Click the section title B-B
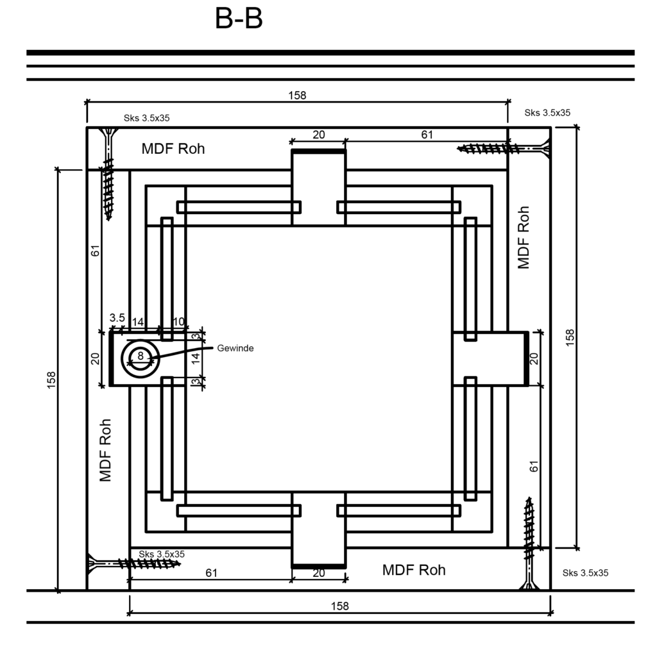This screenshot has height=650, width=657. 239,19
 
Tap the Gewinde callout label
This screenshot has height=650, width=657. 235,348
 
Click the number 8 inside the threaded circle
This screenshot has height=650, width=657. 141,355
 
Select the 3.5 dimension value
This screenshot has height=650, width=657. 117,318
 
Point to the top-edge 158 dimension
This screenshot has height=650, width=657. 297,96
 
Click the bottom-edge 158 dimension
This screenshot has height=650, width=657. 339,606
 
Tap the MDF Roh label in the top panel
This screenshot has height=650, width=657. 173,149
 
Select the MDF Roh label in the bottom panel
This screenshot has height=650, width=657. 414,570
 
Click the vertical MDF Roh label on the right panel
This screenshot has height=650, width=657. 524,237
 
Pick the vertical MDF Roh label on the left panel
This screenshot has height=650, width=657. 105,451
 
